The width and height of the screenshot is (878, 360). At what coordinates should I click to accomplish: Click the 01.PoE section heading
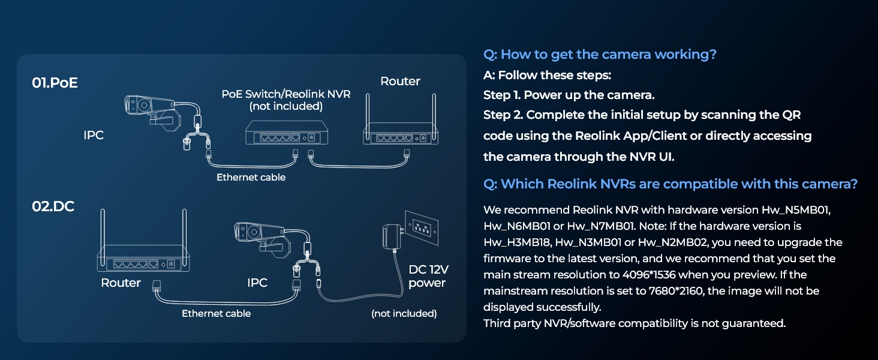click(x=55, y=83)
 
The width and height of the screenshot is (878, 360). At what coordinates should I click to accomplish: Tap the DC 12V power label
click(x=427, y=277)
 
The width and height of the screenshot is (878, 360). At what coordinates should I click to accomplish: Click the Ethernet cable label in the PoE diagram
click(x=251, y=177)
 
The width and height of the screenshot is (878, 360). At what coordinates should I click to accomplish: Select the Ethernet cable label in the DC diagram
click(x=216, y=313)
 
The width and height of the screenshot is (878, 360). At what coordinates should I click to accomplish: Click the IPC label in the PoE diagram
click(x=94, y=135)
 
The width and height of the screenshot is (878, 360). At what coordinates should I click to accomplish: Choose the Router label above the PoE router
click(x=400, y=81)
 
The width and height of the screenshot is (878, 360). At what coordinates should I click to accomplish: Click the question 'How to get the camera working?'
click(x=600, y=55)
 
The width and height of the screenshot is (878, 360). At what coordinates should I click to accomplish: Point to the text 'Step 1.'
click(x=503, y=95)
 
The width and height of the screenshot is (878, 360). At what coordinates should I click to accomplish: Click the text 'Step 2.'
click(x=503, y=115)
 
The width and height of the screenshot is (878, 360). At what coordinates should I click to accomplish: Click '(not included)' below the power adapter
click(x=404, y=313)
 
